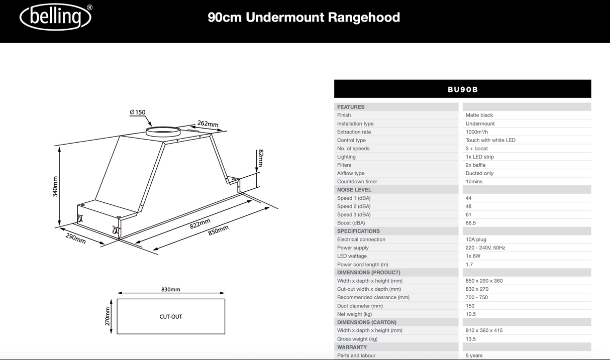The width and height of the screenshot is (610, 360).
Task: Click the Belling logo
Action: pyautogui.click(x=55, y=18)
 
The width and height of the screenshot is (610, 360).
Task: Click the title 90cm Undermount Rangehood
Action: pyautogui.click(x=303, y=18)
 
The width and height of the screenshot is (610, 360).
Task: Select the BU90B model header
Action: pyautogui.click(x=462, y=89)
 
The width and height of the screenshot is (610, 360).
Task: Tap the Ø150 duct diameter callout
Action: pyautogui.click(x=137, y=112)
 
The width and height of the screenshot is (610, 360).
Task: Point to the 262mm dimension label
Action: pyautogui.click(x=208, y=124)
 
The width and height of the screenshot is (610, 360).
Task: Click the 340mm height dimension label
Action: pyautogui.click(x=55, y=186)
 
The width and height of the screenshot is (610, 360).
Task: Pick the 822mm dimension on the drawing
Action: pyautogui.click(x=199, y=224)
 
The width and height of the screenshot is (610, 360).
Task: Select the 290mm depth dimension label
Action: pyautogui.click(x=75, y=238)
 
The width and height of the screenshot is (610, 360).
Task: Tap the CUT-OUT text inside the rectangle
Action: pyautogui.click(x=171, y=317)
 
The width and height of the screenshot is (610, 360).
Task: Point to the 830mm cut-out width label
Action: pyautogui.click(x=171, y=290)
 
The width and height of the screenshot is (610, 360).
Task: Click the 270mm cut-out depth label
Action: pyautogui.click(x=107, y=317)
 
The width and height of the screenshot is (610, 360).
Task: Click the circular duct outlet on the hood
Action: pyautogui.click(x=162, y=132)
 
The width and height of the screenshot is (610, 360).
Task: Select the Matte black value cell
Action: pyautogui.click(x=479, y=115)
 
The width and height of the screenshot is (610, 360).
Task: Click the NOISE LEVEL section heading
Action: pyautogui.click(x=354, y=190)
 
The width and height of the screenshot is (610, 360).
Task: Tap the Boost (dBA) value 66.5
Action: pyautogui.click(x=471, y=223)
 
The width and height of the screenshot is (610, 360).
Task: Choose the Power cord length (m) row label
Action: pyautogui.click(x=362, y=265)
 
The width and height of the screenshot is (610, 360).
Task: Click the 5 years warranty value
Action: pyautogui.click(x=474, y=355)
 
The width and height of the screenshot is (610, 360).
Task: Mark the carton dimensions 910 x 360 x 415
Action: pyautogui.click(x=484, y=330)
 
